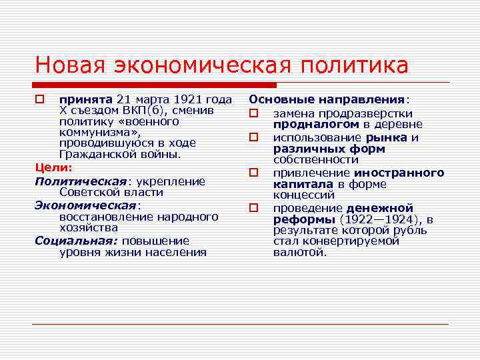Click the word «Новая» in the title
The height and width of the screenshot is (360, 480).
point(72,65)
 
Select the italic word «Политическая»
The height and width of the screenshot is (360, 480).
point(80,181)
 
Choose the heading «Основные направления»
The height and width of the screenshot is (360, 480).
point(327,99)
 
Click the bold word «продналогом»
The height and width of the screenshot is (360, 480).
point(316,124)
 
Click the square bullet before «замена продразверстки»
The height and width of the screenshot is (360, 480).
point(254,113)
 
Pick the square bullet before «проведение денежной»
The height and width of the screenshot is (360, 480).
point(254,208)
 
